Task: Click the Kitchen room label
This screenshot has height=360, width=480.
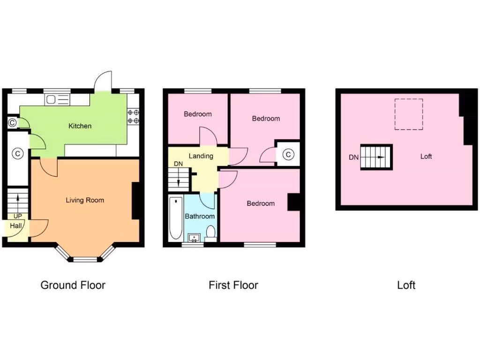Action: click(x=80, y=126)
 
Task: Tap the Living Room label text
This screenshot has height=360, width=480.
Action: click(x=85, y=200)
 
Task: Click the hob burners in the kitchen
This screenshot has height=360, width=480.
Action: click(x=133, y=116)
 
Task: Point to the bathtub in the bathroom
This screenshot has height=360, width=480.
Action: click(x=175, y=218)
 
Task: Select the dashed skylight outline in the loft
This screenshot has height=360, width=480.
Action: click(x=409, y=114)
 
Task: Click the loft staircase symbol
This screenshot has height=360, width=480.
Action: click(x=376, y=157)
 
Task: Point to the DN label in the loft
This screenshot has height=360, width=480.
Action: click(x=353, y=157)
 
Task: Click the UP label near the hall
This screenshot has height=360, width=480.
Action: click(x=18, y=216)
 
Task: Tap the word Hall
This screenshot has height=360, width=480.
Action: click(x=16, y=225)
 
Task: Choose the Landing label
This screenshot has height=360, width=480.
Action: click(x=201, y=156)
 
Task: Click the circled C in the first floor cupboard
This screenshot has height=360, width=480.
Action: click(x=288, y=154)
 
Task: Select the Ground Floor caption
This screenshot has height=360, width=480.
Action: click(x=73, y=285)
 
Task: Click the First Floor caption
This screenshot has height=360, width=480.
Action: click(x=233, y=285)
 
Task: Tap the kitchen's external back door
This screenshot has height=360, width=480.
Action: click(x=103, y=82)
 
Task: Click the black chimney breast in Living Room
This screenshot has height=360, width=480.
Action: click(x=135, y=201)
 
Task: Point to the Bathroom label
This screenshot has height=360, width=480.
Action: click(x=200, y=216)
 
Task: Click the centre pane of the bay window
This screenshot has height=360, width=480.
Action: click(x=85, y=259)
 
